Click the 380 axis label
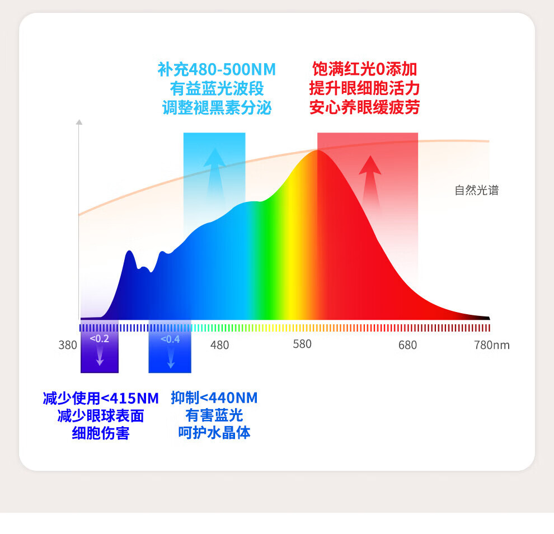(x=68, y=345)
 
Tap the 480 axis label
(x=219, y=345)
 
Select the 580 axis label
(x=302, y=344)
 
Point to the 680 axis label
(x=407, y=345)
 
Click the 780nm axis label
(x=492, y=345)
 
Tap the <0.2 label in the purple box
(x=100, y=338)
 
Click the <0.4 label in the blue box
(x=170, y=339)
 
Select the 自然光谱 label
(x=476, y=191)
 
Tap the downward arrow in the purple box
(x=100, y=356)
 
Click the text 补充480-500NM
(x=217, y=70)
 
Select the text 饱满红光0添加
(x=364, y=69)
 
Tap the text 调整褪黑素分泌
(x=217, y=107)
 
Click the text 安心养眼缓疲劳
(x=364, y=107)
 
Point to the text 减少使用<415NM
(x=101, y=399)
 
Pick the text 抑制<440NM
(x=214, y=398)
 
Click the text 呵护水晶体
(x=214, y=432)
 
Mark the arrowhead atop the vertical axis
(x=79, y=121)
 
